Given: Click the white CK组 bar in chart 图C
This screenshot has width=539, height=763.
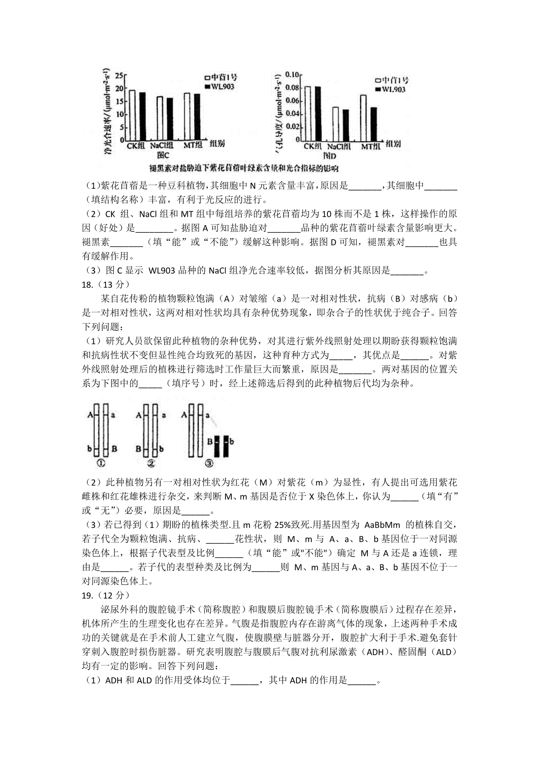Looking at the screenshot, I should click(133, 115).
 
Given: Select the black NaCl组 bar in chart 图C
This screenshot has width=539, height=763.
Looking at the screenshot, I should click(170, 119).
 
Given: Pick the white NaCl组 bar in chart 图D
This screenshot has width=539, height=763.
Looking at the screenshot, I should click(335, 123).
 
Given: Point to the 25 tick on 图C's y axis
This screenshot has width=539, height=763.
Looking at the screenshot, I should click(119, 76).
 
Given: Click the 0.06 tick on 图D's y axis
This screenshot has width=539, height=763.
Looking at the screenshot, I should click(292, 101).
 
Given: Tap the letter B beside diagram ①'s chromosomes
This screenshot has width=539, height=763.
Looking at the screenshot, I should click(115, 448).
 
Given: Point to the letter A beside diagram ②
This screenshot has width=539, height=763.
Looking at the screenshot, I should click(139, 416).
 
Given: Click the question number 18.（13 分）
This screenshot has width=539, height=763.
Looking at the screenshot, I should click(105, 284).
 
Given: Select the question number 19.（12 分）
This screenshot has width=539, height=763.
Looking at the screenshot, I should click(105, 595).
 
